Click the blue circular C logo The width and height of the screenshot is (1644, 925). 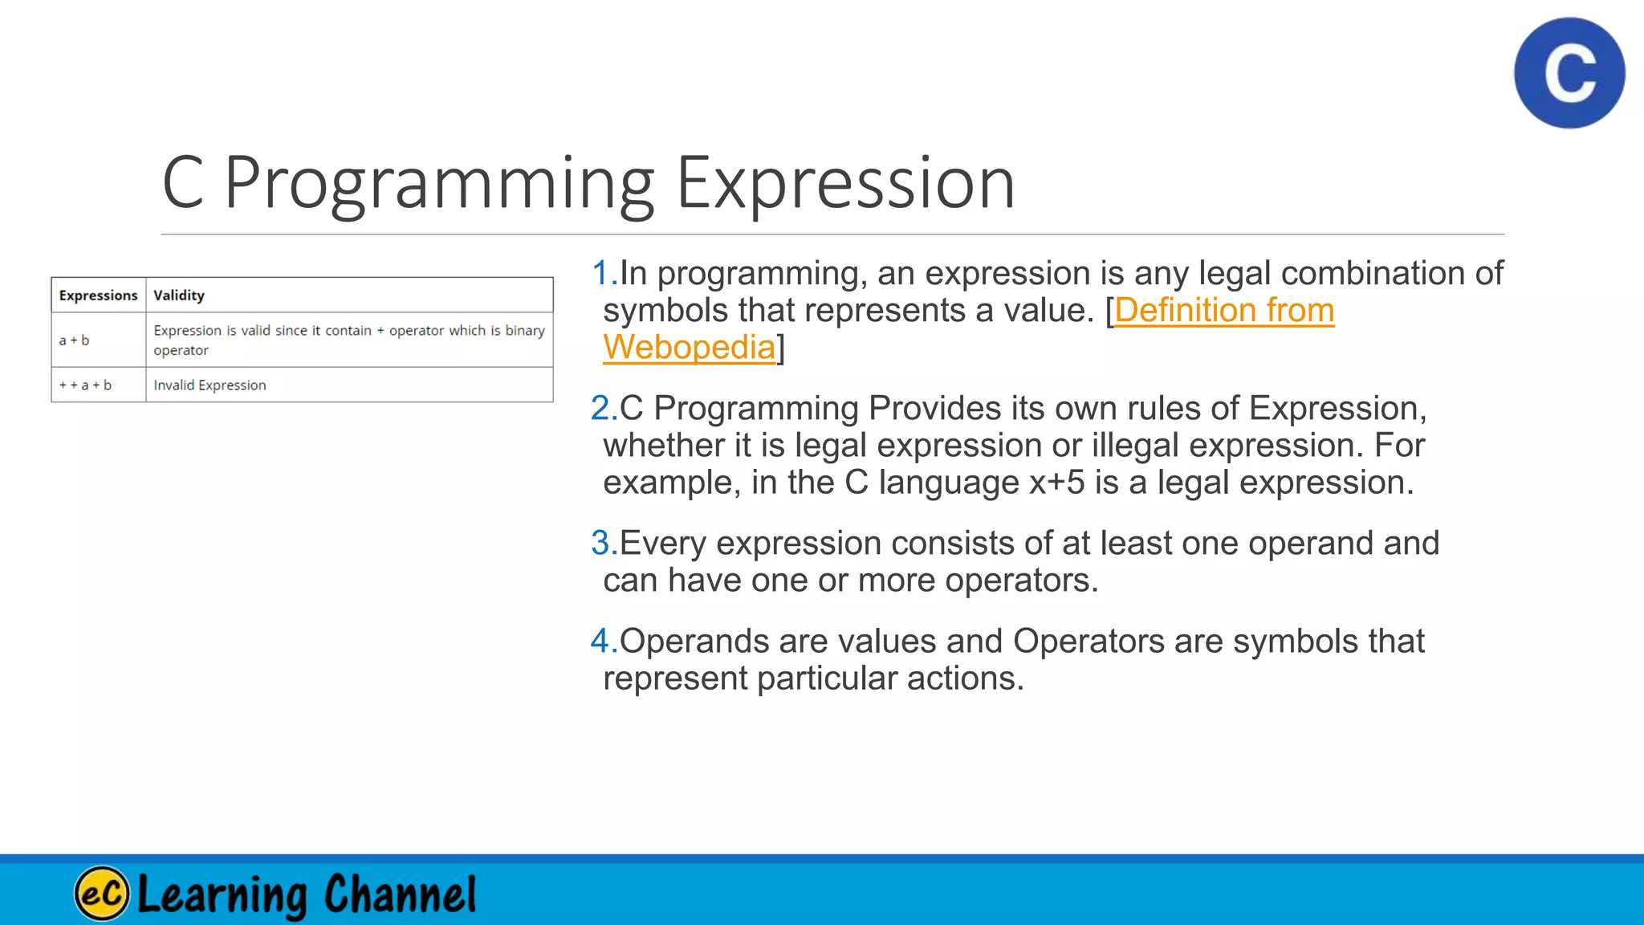click(1569, 73)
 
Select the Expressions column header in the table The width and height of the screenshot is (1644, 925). click(98, 295)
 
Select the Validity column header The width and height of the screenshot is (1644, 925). click(179, 295)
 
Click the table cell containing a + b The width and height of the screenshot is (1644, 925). click(74, 340)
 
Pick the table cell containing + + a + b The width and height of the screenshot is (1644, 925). click(85, 385)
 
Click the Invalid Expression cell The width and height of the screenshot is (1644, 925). click(210, 385)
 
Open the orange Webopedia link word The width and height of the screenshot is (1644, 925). click(689, 348)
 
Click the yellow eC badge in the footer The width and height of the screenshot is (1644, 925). click(102, 893)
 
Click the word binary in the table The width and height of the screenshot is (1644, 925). click(525, 331)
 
